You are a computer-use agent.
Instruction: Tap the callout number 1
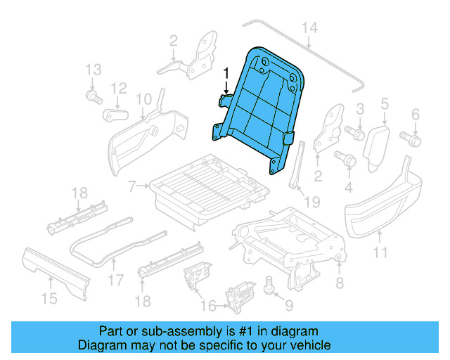pyautogui.click(x=226, y=72)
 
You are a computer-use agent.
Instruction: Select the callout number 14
pyautogui.click(x=310, y=27)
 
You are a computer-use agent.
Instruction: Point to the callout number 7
pyautogui.click(x=131, y=186)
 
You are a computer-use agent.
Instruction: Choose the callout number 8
pyautogui.click(x=340, y=283)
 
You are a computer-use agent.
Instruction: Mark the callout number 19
pyautogui.click(x=312, y=202)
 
